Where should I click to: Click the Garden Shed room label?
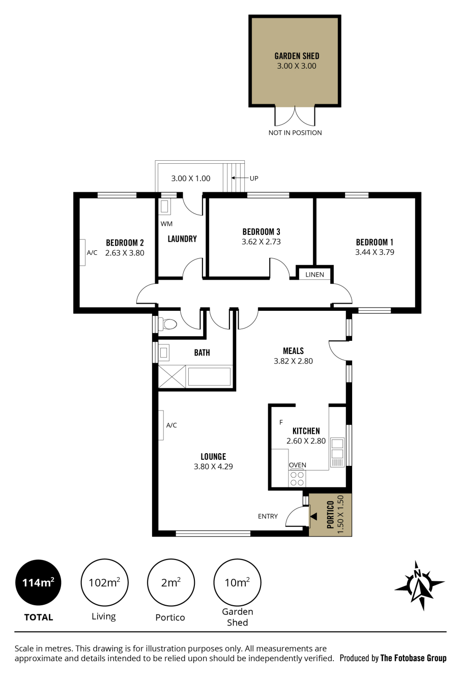pyautogui.click(x=297, y=56)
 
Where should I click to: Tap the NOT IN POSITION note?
pyautogui.click(x=295, y=133)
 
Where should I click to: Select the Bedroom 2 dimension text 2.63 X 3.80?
pyautogui.click(x=125, y=253)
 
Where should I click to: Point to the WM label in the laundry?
pyautogui.click(x=166, y=224)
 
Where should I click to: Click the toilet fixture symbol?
pyautogui.click(x=167, y=324)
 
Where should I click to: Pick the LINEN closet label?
pyautogui.click(x=314, y=275)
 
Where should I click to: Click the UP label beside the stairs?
pyautogui.click(x=254, y=179)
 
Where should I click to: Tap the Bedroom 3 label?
pyautogui.click(x=261, y=232)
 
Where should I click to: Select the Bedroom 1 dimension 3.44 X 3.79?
pyautogui.click(x=374, y=252)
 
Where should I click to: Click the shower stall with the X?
pyautogui.click(x=172, y=376)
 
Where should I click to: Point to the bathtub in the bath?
pyautogui.click(x=209, y=376)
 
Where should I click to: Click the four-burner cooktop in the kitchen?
pyautogui.click(x=297, y=478)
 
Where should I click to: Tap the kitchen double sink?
pyautogui.click(x=337, y=449)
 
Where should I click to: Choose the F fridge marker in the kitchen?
pyautogui.click(x=281, y=422)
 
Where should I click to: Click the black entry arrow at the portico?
pyautogui.click(x=313, y=516)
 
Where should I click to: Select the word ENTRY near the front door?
pyautogui.click(x=268, y=516)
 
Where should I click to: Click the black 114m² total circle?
pyautogui.click(x=38, y=582)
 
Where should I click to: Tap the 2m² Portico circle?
pyautogui.click(x=171, y=582)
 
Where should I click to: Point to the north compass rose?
pyautogui.click(x=419, y=585)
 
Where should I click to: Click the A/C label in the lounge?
pyautogui.click(x=171, y=425)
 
